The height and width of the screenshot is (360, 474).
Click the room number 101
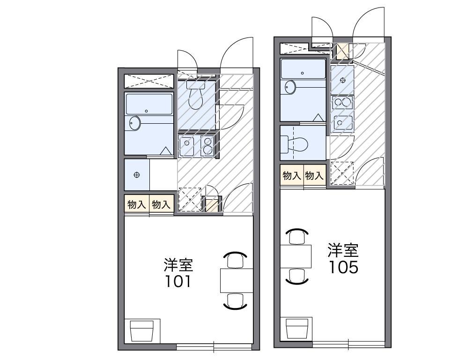178,282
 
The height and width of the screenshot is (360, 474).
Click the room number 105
343,267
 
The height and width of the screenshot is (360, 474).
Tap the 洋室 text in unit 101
178,265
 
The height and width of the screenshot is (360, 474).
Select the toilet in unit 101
194,96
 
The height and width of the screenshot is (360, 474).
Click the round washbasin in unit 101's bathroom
135,123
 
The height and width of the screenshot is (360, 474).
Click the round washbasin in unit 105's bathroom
290,88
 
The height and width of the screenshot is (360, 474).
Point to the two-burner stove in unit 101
207,146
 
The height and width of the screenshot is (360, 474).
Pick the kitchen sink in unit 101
187,146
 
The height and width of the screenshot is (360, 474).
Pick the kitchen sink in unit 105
343,122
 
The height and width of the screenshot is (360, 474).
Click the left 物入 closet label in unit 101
137,204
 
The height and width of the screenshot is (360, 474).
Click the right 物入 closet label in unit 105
314,176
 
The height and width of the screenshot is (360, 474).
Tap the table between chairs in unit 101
237,280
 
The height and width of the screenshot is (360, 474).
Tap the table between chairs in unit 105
296,256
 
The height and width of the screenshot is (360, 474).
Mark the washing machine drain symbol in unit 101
136,175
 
